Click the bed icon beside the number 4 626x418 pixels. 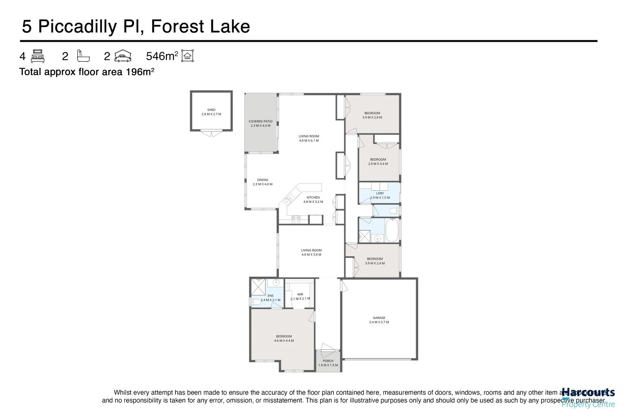point(38,56)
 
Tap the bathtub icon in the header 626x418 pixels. point(83,56)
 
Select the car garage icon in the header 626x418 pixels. point(123,56)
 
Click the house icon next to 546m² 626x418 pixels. point(187,56)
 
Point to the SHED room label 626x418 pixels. point(211,112)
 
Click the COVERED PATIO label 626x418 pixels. point(260,123)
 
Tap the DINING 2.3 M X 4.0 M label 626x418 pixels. point(262,182)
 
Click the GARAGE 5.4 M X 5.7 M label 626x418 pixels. point(379,320)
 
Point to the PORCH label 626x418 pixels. point(328,363)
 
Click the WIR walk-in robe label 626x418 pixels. point(300,296)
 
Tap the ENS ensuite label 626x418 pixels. point(270,298)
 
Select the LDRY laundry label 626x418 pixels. point(380,195)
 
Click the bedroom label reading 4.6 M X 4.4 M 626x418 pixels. point(284,338)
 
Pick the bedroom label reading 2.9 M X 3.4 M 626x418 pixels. point(378,161)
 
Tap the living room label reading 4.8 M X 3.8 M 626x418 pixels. point(311,252)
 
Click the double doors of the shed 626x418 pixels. point(211,134)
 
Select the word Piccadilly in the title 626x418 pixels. point(77,26)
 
